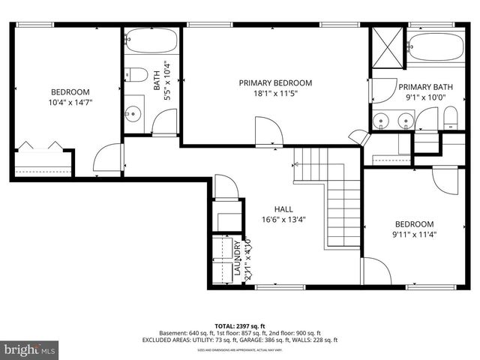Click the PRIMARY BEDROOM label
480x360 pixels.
[275, 82]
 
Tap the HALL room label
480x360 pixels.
[283, 209]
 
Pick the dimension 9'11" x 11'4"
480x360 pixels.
[415, 235]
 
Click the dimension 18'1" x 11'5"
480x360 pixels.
[275, 94]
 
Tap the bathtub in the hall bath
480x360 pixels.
[152, 40]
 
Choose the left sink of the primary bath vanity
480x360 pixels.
[384, 118]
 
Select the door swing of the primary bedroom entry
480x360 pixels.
[268, 131]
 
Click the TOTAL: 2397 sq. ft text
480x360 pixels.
[240, 325]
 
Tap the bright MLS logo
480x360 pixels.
[30, 349]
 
